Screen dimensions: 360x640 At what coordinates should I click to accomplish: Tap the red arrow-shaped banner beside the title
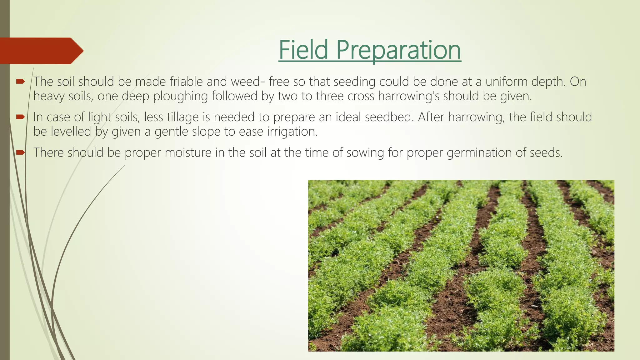[x=41, y=51]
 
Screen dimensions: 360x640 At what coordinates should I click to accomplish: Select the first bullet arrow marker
[x=20, y=82]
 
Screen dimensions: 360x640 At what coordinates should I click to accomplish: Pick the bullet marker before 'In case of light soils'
[x=20, y=117]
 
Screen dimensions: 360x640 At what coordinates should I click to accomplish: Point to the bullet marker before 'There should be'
[x=20, y=152]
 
